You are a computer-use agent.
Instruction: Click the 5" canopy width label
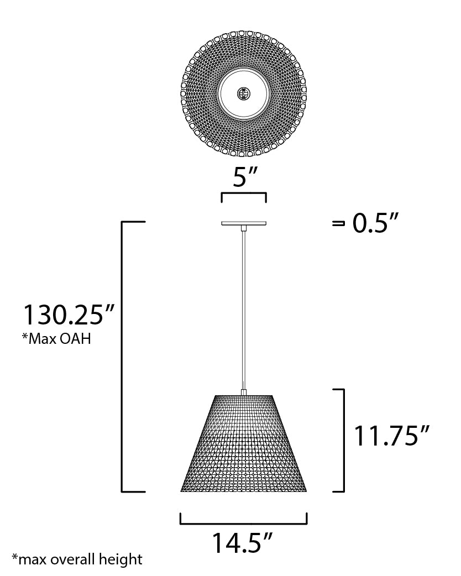(243, 178)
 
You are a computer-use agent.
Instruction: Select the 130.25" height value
(68, 315)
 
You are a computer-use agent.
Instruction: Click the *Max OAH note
(56, 338)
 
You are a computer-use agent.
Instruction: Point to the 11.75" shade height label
(391, 437)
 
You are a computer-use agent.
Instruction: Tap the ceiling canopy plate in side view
(244, 224)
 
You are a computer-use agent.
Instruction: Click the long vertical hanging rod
(244, 304)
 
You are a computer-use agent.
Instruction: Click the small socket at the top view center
(243, 93)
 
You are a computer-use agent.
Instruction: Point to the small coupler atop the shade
(244, 392)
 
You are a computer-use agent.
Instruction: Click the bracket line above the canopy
(244, 194)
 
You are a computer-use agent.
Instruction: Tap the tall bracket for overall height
(123, 357)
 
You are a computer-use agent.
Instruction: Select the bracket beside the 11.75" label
(343, 439)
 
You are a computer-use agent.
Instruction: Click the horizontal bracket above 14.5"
(243, 522)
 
